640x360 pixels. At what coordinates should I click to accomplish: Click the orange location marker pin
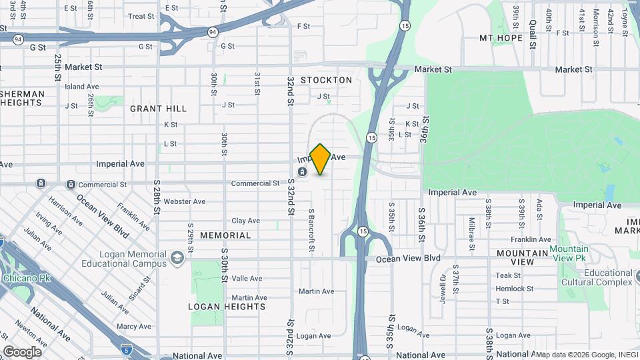point(321,159)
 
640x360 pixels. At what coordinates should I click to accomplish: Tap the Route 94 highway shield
point(212,31)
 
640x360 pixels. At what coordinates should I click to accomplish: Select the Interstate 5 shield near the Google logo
point(126,349)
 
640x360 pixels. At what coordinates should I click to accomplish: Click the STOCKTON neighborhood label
point(326,80)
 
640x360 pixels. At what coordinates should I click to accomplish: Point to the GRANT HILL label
point(158,108)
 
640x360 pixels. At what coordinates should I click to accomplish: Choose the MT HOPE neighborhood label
point(501,38)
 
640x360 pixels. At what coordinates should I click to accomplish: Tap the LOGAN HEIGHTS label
point(227,307)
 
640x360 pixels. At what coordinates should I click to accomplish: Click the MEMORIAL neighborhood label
point(225,235)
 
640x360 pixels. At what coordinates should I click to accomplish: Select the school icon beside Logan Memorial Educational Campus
point(177,258)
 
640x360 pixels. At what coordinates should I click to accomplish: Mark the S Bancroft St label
point(311,229)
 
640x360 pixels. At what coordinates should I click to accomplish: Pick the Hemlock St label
point(515,289)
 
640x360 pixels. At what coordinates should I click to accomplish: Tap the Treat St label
point(141,16)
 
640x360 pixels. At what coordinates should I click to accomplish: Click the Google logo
point(22,352)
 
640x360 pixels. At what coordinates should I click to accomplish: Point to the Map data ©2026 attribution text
point(587,355)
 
